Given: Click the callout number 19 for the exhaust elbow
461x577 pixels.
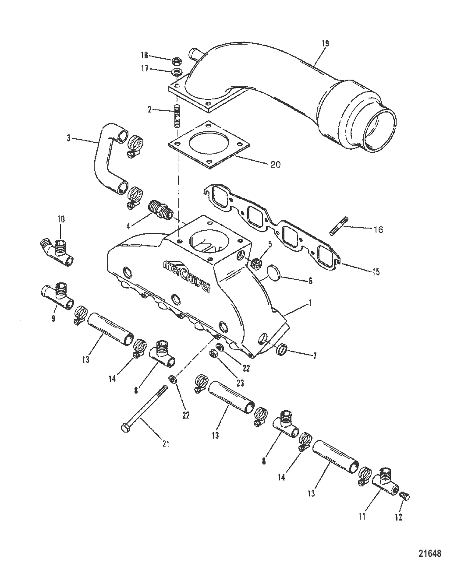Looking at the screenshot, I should click(325, 43).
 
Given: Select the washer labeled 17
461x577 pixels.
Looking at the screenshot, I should click(177, 71).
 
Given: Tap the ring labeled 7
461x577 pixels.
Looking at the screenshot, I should click(283, 349).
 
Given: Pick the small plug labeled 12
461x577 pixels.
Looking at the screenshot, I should click(405, 496).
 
